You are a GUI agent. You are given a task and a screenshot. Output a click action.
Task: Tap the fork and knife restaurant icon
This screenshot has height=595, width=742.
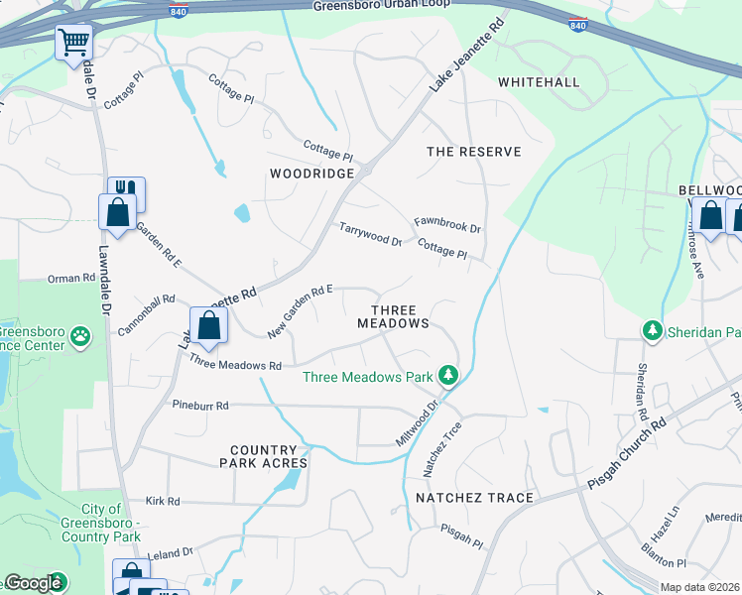126,190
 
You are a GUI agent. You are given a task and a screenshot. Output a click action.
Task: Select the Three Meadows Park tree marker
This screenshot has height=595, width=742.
449,375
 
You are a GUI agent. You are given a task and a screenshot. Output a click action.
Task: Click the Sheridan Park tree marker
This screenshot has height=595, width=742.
653,331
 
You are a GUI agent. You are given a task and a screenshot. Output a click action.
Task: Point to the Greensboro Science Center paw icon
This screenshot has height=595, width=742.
79,338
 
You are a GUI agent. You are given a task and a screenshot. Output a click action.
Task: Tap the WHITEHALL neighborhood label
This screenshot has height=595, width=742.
539,81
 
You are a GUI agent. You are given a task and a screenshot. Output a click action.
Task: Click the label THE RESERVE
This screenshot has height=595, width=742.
473,152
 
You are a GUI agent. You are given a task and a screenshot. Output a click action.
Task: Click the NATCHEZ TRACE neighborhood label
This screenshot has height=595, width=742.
474,497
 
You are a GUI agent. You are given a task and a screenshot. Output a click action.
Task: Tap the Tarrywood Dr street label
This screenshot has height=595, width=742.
370,234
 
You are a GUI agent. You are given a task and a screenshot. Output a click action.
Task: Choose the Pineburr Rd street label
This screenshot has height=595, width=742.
200,406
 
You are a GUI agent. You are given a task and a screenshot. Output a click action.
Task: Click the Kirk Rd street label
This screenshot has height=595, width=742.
163,502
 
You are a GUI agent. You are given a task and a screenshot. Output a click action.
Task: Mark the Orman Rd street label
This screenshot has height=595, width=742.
69,279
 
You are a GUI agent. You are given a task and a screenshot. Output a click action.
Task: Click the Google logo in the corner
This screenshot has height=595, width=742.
33,583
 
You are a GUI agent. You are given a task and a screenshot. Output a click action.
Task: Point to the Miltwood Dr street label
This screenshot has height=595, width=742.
421,421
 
